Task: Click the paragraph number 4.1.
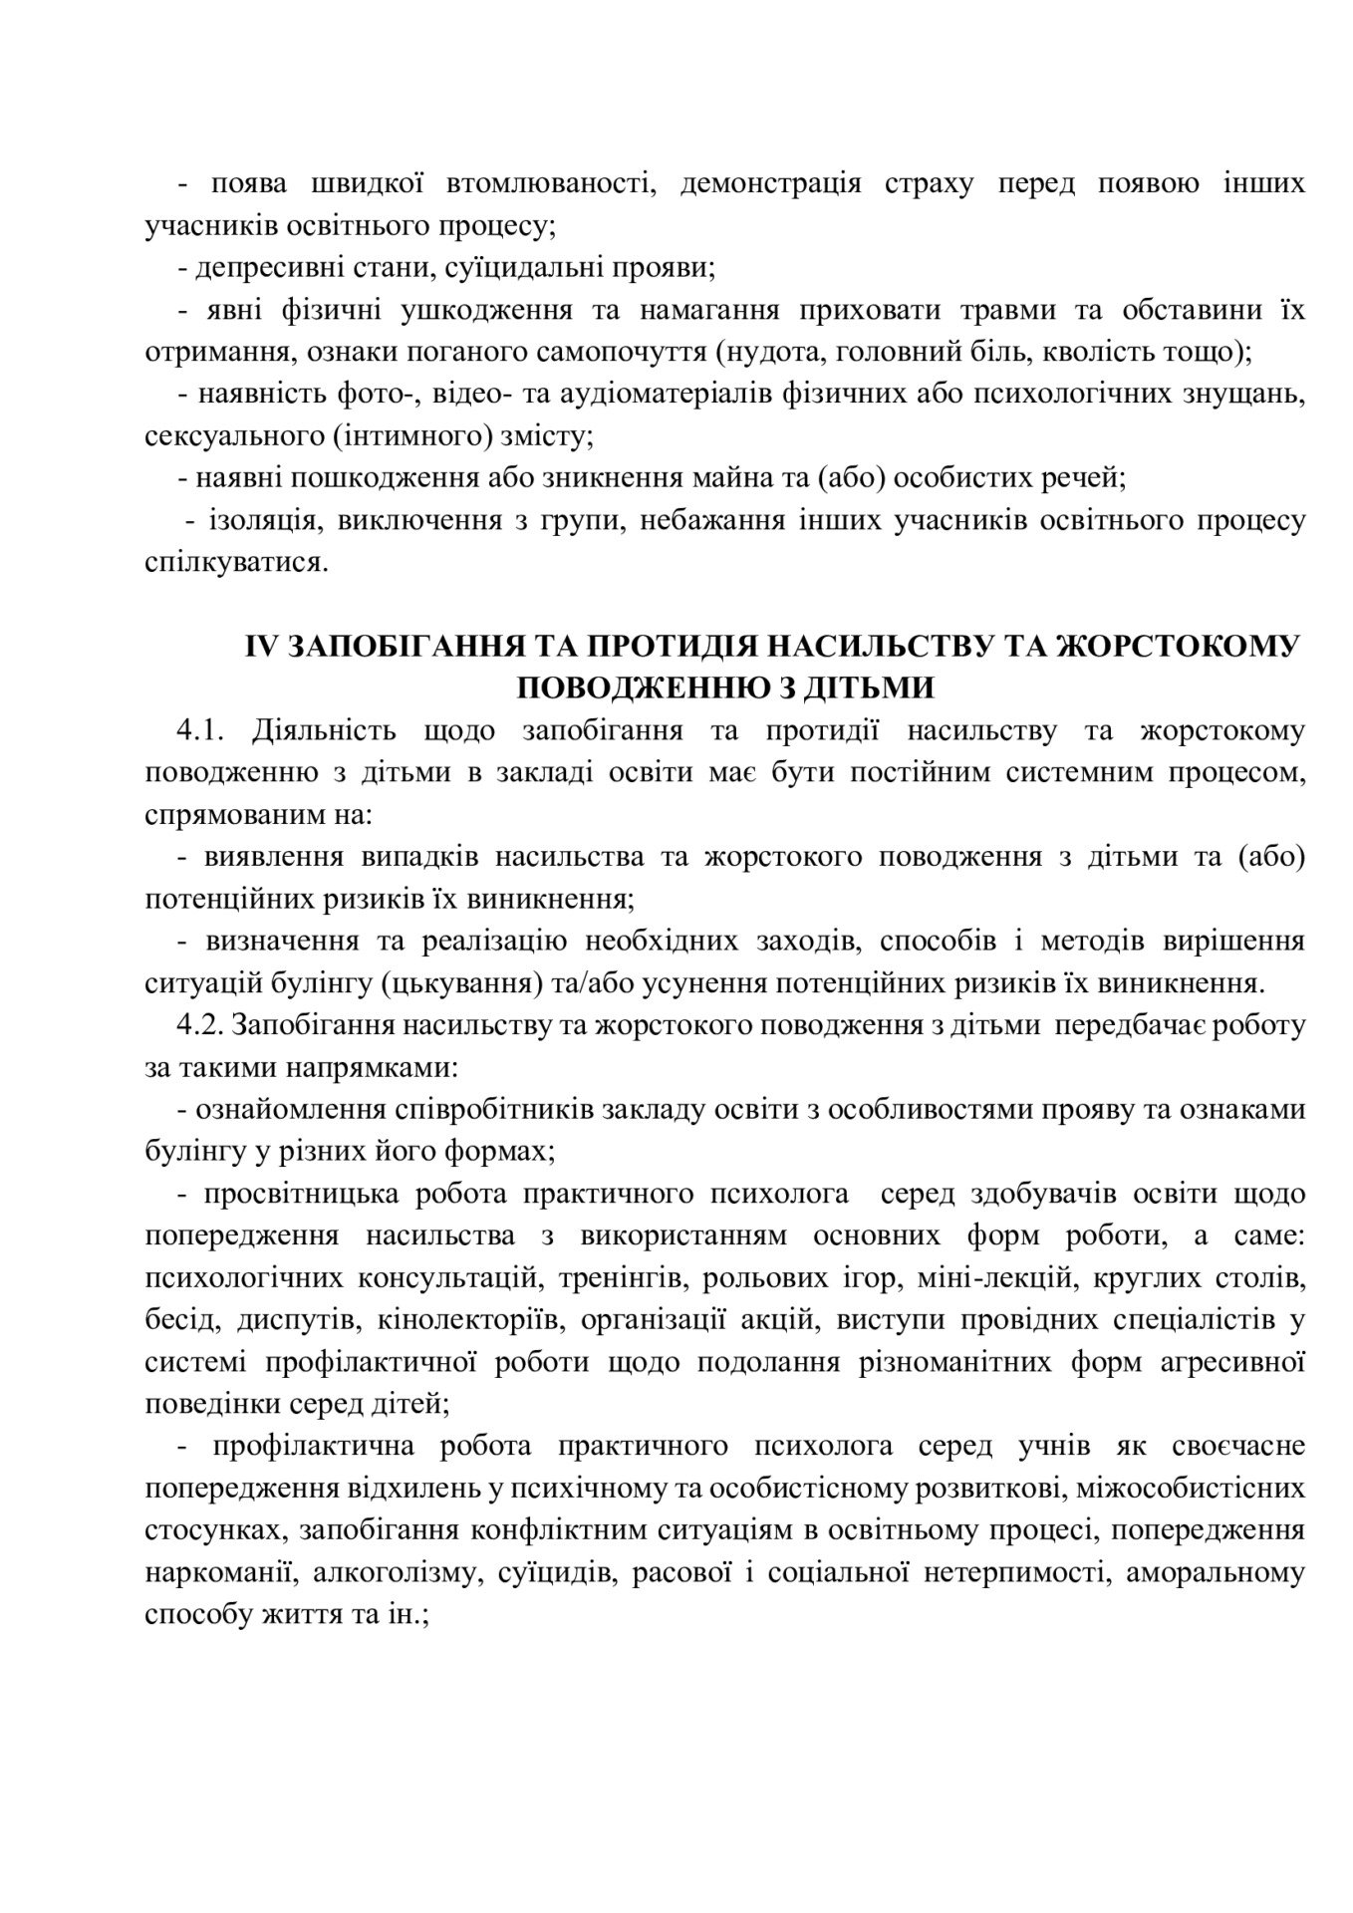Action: [x=203, y=731]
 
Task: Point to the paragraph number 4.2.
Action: [x=203, y=1026]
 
